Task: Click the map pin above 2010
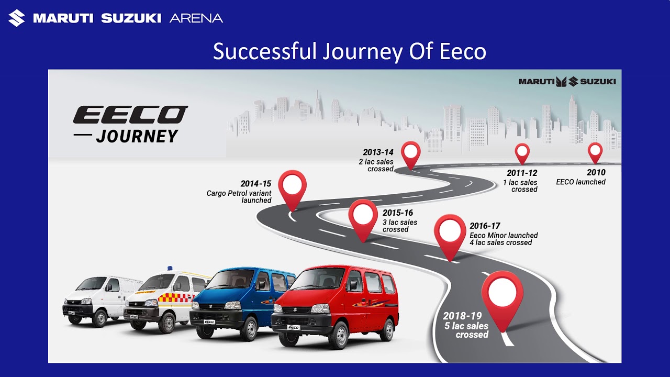(595, 152)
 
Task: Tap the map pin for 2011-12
(522, 152)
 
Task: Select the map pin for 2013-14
(411, 153)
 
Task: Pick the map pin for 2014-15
(292, 187)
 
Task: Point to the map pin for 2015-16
(363, 217)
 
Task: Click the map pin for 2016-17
(450, 234)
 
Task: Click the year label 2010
(596, 172)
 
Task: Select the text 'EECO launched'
(580, 182)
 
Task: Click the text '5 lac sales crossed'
(466, 330)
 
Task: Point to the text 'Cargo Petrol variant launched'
(239, 196)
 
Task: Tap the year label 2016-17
(485, 226)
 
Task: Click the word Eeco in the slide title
(463, 52)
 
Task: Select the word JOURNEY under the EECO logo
(137, 136)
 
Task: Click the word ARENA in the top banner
(196, 18)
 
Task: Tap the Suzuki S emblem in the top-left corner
(16, 18)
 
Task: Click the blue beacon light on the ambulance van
(170, 269)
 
